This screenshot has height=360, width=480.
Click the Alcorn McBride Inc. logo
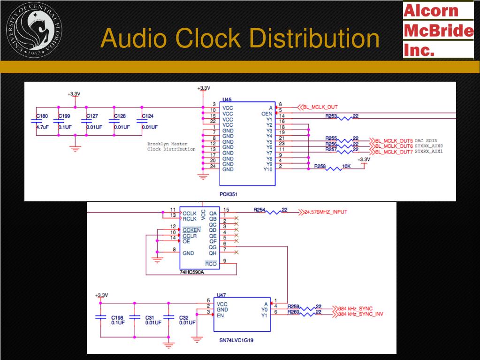point(438,29)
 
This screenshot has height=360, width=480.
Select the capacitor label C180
point(42,116)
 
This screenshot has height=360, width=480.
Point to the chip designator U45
point(227,100)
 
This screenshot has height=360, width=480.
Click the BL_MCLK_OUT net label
point(320,107)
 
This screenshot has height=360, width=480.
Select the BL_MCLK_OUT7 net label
point(394,152)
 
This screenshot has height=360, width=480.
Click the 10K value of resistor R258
point(347,166)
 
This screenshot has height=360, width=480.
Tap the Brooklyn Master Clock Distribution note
point(171,146)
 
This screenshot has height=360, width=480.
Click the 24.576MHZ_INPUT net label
point(326,212)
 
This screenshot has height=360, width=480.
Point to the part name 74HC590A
point(192,272)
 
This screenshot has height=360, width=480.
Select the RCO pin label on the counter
point(211,264)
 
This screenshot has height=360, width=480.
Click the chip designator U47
point(221,295)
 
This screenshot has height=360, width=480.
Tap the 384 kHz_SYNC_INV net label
point(360,314)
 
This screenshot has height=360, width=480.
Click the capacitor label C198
point(118,317)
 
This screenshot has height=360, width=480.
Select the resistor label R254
point(259,210)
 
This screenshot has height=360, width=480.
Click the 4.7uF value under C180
point(43,127)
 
